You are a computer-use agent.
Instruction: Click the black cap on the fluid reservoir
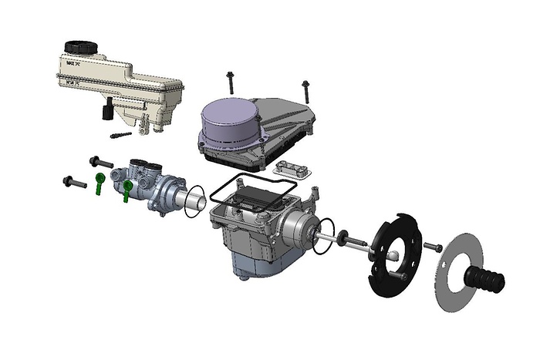(x=79, y=48)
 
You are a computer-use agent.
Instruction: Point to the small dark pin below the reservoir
(x=121, y=136)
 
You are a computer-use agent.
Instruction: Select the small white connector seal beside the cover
(x=292, y=169)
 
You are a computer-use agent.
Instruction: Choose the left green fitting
(x=100, y=183)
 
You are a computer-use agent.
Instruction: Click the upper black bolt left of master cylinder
(x=98, y=162)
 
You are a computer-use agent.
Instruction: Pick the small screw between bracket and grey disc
(x=433, y=247)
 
